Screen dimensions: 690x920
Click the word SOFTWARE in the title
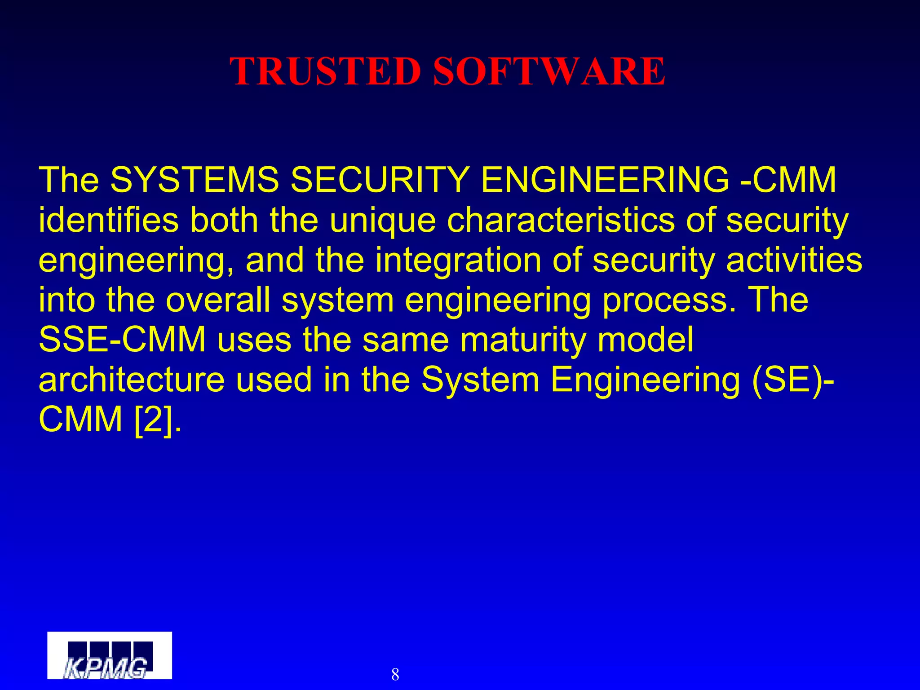pos(549,72)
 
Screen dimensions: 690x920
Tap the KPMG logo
pos(110,655)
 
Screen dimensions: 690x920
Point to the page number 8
pos(395,674)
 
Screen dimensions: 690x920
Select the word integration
pos(458,261)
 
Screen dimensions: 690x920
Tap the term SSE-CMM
pos(122,340)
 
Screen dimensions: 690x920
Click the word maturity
pos(523,341)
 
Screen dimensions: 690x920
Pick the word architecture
pos(131,380)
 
